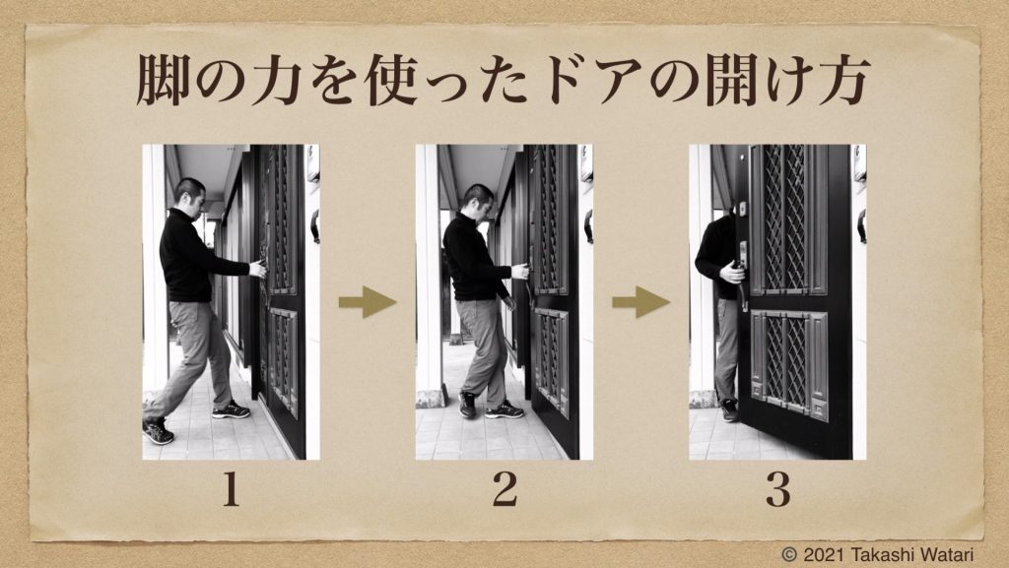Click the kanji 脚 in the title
pos(163,80)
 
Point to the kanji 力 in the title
pos(277,80)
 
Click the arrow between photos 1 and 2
pos(368,301)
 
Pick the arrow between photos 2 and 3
pos(640,301)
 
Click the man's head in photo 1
pos(190,196)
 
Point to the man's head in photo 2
pos(479,202)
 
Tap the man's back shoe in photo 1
pos(158,430)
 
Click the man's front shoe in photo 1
pos(231,410)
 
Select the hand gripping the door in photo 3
pos(733,273)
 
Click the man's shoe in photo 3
pos(729,410)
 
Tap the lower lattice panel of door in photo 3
pos(789,363)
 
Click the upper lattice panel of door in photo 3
pos(787,219)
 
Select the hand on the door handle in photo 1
pos(258,269)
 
